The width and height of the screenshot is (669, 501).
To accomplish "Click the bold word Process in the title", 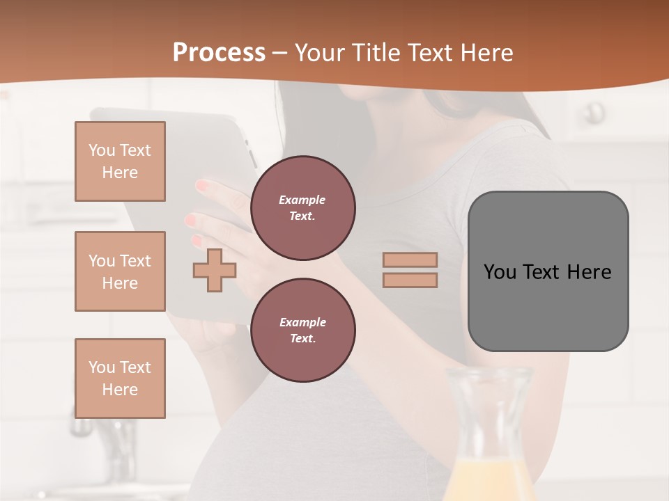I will pos(219,53).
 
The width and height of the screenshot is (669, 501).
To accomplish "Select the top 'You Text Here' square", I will pos(120,161).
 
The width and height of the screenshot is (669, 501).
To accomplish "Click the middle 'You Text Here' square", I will pos(120,271).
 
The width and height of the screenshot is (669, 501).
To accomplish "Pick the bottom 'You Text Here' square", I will pos(120,378).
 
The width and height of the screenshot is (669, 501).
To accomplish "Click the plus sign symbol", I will pos(215,270).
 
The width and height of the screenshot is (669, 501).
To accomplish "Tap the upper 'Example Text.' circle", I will pos(303,208).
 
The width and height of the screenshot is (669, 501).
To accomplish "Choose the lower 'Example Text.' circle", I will pos(303,331).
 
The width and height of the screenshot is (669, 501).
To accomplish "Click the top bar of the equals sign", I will pos(410,260).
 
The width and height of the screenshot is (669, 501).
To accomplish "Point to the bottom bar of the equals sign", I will pos(410,280).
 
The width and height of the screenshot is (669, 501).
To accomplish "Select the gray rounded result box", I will pos(548,271).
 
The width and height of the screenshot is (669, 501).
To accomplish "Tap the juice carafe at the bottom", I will pos(490,438).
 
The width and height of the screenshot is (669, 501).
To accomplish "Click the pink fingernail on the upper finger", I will pos(203,186).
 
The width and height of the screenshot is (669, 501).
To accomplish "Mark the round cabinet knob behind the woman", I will pos(594,111).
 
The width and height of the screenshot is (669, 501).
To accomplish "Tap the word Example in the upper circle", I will pos(302,200).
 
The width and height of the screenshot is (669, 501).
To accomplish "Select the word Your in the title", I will pos(320,53).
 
